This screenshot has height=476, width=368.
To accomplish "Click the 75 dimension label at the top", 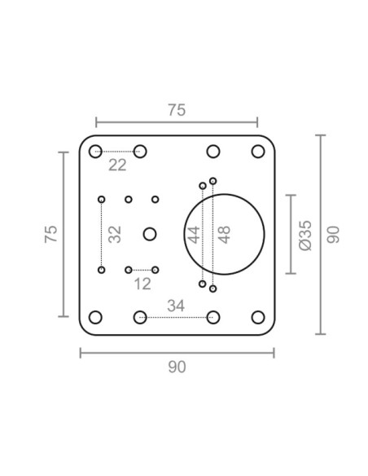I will tap(177, 111).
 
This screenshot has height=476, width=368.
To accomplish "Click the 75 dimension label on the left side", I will tap(50, 234).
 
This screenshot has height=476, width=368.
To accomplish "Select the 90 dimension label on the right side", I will tap(332, 235).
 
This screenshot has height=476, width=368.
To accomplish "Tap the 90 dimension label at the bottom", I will tap(177, 367).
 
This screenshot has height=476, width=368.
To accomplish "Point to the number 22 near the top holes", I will tap(118, 165).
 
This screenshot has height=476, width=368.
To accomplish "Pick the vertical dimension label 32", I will tap(115, 234).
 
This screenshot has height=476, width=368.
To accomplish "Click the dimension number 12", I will tap(142, 284).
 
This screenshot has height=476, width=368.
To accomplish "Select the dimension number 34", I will tap(175, 306).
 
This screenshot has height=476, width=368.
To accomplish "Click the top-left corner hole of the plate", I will tap(95, 151).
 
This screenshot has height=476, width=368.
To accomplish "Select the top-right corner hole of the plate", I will tap(258, 151).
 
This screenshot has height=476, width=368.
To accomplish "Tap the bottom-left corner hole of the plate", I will tap(95, 317).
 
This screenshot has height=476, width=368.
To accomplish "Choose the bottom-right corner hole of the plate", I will tap(258, 317).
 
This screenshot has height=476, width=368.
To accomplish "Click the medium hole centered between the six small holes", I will tap(149, 234).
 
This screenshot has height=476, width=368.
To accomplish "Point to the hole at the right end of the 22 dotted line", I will tap(140, 151).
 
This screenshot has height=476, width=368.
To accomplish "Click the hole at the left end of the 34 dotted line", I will tap(140, 317).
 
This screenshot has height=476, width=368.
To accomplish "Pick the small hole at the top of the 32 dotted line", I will tap(102, 199).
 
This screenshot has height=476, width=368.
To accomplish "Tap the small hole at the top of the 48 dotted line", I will tap(213, 180).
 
